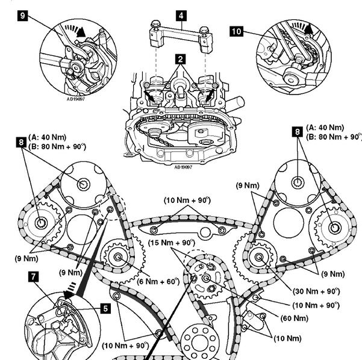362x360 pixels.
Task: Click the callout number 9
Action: click(23, 16)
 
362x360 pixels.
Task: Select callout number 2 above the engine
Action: click(180, 59)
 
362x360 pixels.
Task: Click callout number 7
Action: click(33, 278)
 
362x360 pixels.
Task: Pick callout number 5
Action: click(105, 309)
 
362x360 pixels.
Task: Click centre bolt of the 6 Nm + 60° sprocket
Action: click(119, 258)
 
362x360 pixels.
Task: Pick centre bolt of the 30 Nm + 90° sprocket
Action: click(259, 258)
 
